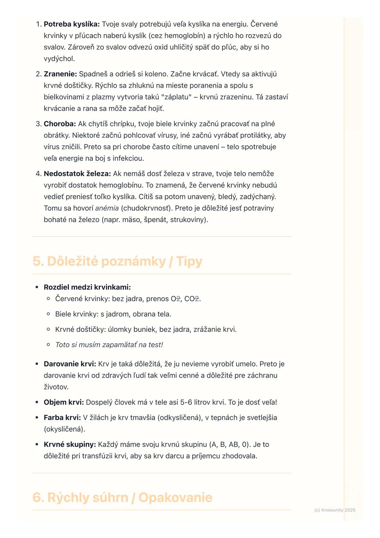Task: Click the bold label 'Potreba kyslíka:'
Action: click(x=72, y=24)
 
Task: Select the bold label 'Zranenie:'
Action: click(x=60, y=74)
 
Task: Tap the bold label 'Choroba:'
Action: click(x=60, y=124)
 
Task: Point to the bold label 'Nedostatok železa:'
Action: click(x=77, y=174)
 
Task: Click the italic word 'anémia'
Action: click(x=107, y=208)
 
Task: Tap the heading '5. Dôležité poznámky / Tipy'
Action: click(x=117, y=262)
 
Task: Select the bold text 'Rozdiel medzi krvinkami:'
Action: click(x=87, y=287)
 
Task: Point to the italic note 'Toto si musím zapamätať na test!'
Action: click(x=109, y=345)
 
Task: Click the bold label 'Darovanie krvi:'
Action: click(x=70, y=364)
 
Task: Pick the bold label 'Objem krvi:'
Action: click(x=64, y=402)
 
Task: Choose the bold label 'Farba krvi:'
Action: click(x=62, y=418)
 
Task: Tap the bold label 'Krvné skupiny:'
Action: click(x=70, y=445)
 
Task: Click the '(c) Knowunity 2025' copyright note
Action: click(x=335, y=510)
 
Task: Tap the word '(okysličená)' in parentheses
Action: click(x=64, y=430)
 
